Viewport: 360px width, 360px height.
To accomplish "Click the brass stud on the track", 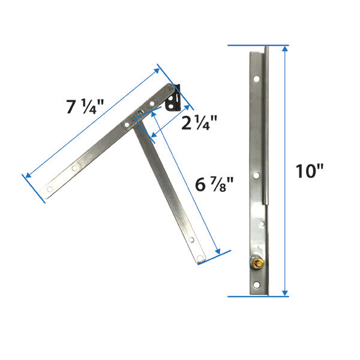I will [x=259, y=263].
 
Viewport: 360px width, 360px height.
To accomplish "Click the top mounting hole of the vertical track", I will [x=257, y=79].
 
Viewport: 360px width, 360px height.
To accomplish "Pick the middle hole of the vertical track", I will [x=256, y=176].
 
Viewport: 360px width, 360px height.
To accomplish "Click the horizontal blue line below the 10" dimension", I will [x=258, y=296].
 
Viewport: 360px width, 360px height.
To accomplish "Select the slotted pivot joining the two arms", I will [x=137, y=115].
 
